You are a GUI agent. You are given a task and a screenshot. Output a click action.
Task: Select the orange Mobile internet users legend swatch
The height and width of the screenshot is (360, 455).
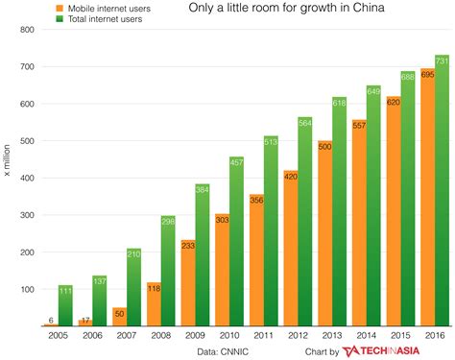point(63,9)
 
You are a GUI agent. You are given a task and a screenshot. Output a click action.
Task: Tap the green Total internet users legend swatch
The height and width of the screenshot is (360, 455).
point(63,20)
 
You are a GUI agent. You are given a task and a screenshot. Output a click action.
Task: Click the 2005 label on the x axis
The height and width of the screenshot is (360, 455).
point(57,336)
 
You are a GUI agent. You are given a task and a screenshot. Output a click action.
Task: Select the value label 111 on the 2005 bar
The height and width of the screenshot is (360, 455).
point(65,290)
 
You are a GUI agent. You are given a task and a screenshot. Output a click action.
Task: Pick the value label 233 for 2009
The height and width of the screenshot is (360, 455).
point(186,245)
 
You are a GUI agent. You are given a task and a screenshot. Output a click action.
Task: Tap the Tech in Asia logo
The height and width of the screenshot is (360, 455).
point(394,350)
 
